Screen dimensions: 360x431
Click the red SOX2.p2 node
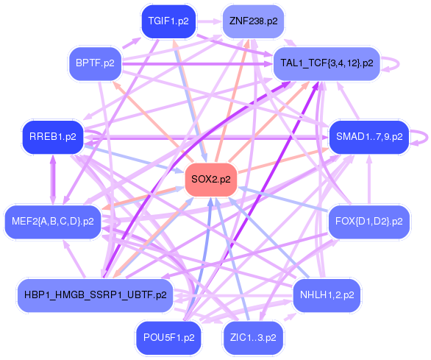click(210, 179)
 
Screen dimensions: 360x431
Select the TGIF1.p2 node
click(168, 21)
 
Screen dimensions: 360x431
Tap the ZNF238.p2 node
click(253, 21)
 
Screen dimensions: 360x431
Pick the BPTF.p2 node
click(95, 63)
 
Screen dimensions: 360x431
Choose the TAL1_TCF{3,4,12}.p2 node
click(327, 63)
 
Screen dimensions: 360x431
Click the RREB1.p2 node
click(52, 136)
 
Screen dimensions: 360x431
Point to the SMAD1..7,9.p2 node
click(368, 136)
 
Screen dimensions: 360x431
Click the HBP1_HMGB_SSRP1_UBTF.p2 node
click(95, 295)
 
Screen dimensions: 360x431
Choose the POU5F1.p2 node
click(168, 338)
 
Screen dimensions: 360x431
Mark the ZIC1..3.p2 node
click(253, 338)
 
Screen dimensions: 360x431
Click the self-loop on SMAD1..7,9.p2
click(423, 136)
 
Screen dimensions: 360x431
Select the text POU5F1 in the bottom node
click(162, 338)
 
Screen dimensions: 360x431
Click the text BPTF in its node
click(89, 63)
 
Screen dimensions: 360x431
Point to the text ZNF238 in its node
click(246, 21)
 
